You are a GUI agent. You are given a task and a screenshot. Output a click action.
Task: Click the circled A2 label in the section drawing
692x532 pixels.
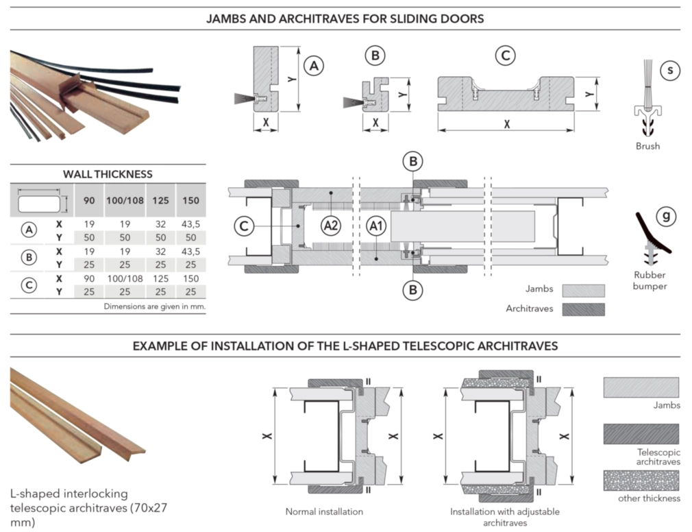point(330,225)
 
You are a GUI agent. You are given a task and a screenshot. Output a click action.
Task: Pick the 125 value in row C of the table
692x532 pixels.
point(159,279)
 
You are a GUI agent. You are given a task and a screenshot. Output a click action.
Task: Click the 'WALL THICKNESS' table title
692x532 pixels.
point(108,174)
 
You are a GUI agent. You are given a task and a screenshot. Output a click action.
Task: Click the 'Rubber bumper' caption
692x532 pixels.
point(645,280)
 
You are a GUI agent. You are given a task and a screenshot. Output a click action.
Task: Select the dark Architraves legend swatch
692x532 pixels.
point(584,309)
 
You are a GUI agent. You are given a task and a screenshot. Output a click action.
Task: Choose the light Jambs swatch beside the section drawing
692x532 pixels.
point(584,290)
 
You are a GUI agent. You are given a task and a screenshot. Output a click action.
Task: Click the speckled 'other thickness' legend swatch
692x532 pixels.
point(641,481)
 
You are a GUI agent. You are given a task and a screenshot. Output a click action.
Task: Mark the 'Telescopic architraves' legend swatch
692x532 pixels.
point(641,434)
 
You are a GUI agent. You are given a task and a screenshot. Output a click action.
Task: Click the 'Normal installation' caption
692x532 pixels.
point(324,511)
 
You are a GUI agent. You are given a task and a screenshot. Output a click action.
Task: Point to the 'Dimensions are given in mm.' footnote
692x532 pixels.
point(154,306)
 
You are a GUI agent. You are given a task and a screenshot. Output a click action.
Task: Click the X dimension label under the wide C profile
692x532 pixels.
point(506,125)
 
